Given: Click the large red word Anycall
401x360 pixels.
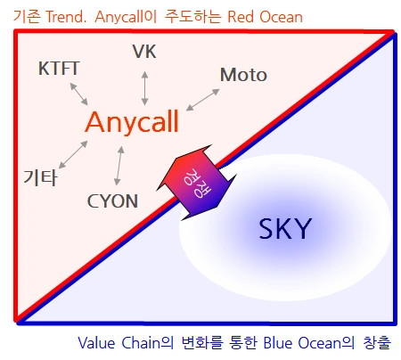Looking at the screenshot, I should [x=133, y=122].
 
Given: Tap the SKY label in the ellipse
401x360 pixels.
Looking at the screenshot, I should [x=284, y=230].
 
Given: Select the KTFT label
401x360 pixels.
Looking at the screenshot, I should [x=60, y=69].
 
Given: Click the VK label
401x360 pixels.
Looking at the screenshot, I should [x=144, y=52].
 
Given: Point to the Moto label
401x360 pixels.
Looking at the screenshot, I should [x=242, y=75].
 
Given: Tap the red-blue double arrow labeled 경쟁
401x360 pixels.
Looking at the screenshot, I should [x=196, y=182].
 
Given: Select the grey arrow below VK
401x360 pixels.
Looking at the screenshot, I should [x=144, y=85].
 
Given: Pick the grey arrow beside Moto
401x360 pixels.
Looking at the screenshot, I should [x=204, y=98].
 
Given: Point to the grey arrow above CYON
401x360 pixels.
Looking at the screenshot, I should [x=118, y=167].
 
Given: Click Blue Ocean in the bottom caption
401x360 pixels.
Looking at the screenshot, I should [x=288, y=342].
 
